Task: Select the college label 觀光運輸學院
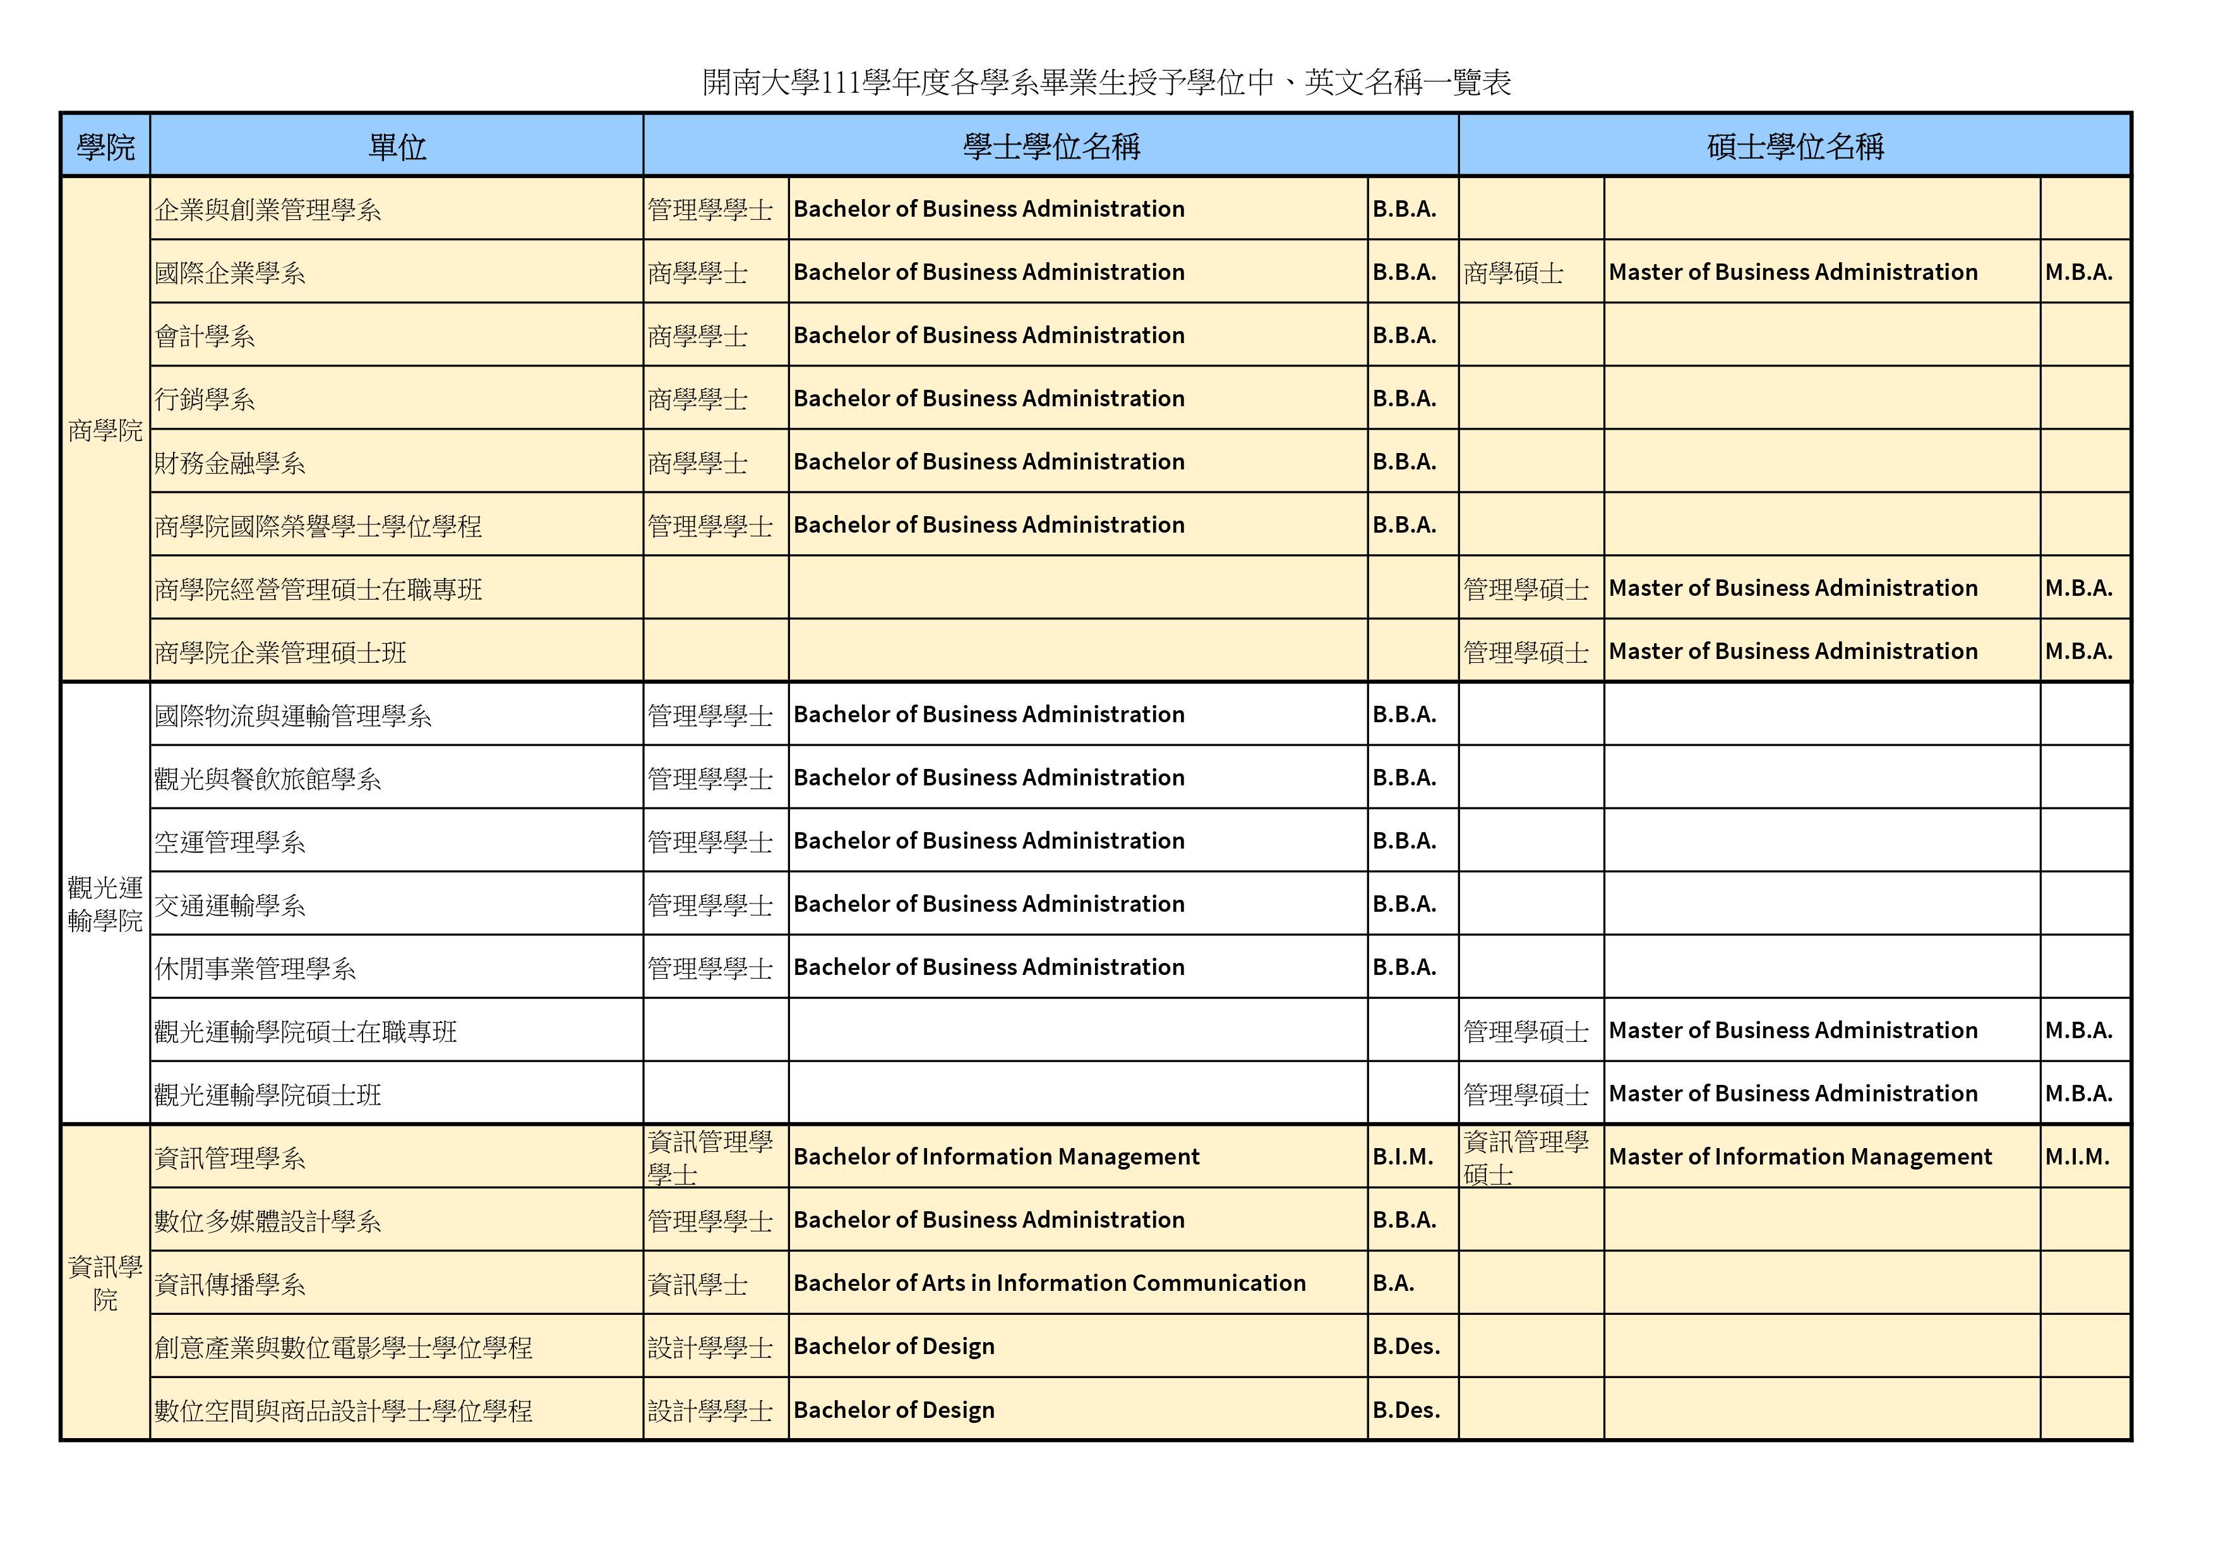click(105, 904)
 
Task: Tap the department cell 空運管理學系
click(230, 842)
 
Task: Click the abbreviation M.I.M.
click(2077, 1157)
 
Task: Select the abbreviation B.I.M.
click(1403, 1157)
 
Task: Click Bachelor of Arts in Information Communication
click(1049, 1283)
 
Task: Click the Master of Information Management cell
click(1799, 1157)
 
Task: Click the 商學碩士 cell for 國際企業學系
click(1512, 273)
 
